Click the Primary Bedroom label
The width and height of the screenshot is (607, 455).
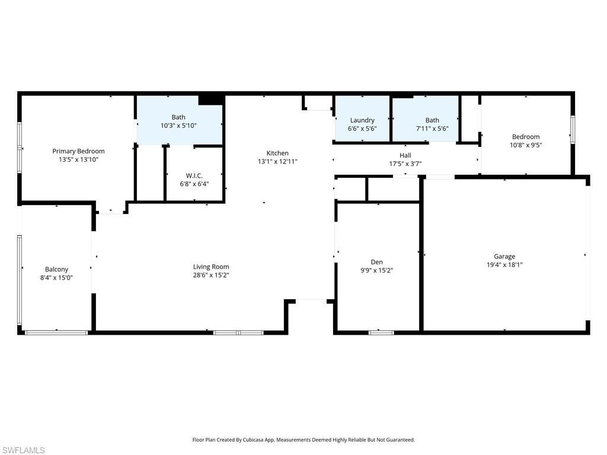pos(78,151)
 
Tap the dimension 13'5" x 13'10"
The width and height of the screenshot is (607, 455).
pos(78,159)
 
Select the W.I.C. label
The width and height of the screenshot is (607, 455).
pos(194,175)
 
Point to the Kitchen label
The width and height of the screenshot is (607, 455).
pos(277,153)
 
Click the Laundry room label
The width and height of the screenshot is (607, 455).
pos(362,120)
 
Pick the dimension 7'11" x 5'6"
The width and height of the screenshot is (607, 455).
pos(432,129)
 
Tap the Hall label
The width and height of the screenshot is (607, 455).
pos(405,155)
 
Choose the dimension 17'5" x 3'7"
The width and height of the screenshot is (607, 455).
pos(405,164)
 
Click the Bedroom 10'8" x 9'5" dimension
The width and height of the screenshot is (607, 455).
pos(526,145)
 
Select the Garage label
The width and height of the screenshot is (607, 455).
pos(504,257)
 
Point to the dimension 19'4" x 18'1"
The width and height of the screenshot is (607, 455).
pos(504,265)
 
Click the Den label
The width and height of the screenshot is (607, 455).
pos(376,262)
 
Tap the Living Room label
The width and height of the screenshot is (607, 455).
pos(211,267)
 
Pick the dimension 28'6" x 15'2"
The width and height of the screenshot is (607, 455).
pos(211,275)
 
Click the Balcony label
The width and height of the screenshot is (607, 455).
pos(57,269)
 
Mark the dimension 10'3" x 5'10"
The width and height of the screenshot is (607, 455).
pos(178,126)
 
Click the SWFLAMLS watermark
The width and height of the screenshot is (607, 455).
pos(23,450)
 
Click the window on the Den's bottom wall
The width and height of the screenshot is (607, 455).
pos(381,332)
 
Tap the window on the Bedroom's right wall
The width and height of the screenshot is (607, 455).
pos(573,129)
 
